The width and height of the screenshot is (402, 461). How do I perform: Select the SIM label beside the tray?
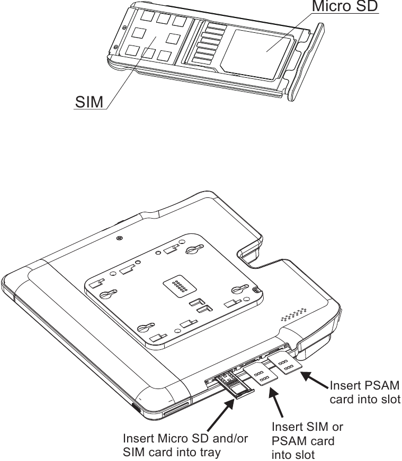coord(88,102)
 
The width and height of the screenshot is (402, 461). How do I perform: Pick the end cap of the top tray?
coord(307,61)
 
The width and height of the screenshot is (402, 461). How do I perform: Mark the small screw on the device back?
coord(122,238)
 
